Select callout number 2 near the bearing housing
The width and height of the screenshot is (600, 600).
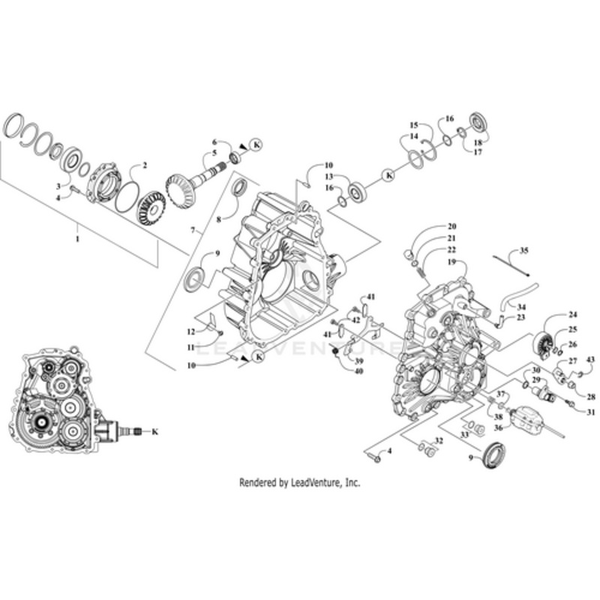[145, 165]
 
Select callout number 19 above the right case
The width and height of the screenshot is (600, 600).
[452, 262]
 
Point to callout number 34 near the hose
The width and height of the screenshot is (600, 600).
[521, 307]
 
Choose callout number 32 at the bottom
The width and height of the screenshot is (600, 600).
[439, 440]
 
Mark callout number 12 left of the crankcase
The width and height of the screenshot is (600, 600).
[190, 331]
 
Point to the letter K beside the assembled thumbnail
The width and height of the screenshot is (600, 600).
[155, 431]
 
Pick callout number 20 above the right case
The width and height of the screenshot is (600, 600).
[452, 226]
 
